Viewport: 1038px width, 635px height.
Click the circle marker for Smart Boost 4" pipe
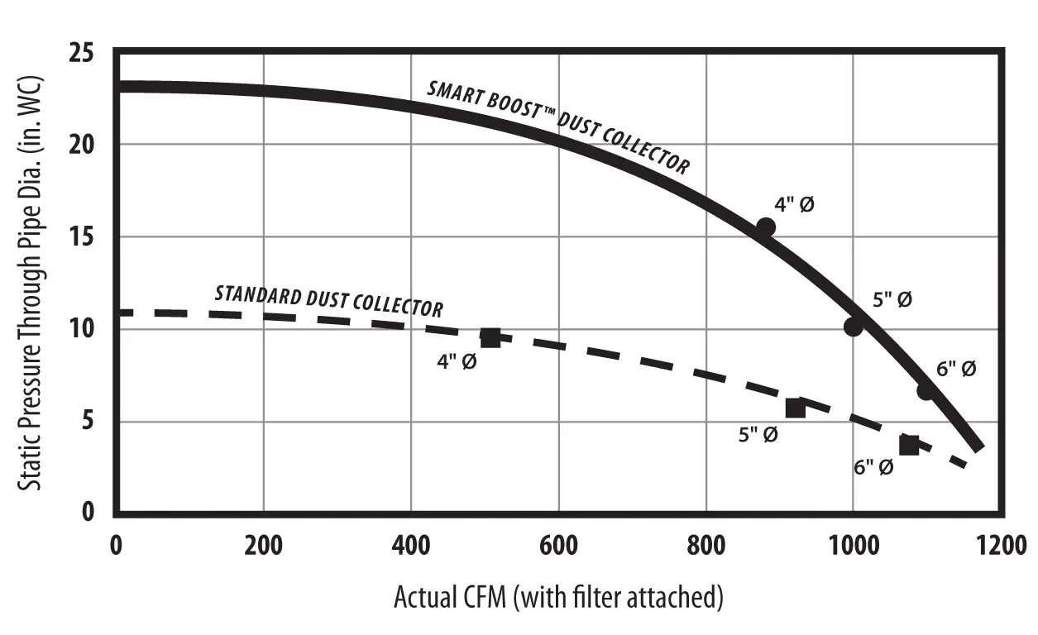766,227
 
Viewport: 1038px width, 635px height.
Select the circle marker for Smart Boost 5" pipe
854,327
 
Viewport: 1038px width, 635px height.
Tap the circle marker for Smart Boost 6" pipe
926,390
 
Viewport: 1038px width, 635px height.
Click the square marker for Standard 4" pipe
490,337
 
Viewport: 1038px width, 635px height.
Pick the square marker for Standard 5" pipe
795,408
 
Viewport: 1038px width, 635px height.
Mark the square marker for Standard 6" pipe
909,445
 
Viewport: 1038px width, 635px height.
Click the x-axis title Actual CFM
558,596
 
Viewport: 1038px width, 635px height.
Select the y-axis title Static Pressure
31,283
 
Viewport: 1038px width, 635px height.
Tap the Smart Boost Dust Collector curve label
557,127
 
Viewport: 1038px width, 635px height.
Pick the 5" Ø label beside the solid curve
892,299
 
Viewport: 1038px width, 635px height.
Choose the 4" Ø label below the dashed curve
457,361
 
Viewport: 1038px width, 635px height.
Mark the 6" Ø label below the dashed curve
873,467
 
